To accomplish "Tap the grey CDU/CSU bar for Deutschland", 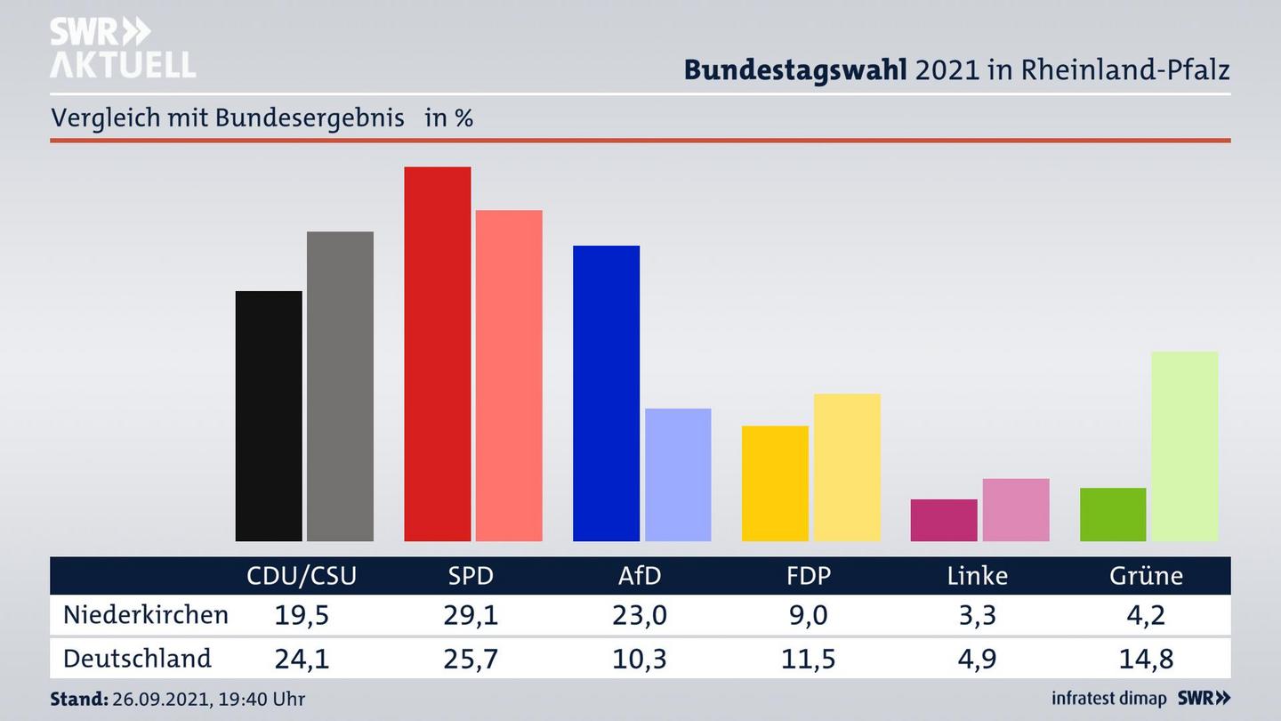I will point(340,386).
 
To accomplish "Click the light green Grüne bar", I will point(1184,446).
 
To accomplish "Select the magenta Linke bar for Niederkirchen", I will point(944,520).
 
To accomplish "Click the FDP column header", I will point(808,576).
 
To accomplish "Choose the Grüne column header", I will point(1146,576).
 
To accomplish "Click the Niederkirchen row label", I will point(146,615).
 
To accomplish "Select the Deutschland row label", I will point(137,659).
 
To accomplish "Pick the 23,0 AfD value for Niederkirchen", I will point(640,615).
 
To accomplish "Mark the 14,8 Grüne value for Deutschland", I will point(1146,659).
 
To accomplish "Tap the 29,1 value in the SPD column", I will point(471,615).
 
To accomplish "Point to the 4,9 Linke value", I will point(977,659).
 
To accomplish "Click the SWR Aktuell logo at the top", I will point(123,48).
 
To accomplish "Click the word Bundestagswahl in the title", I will point(795,69).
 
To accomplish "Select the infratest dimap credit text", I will point(1109,699).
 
